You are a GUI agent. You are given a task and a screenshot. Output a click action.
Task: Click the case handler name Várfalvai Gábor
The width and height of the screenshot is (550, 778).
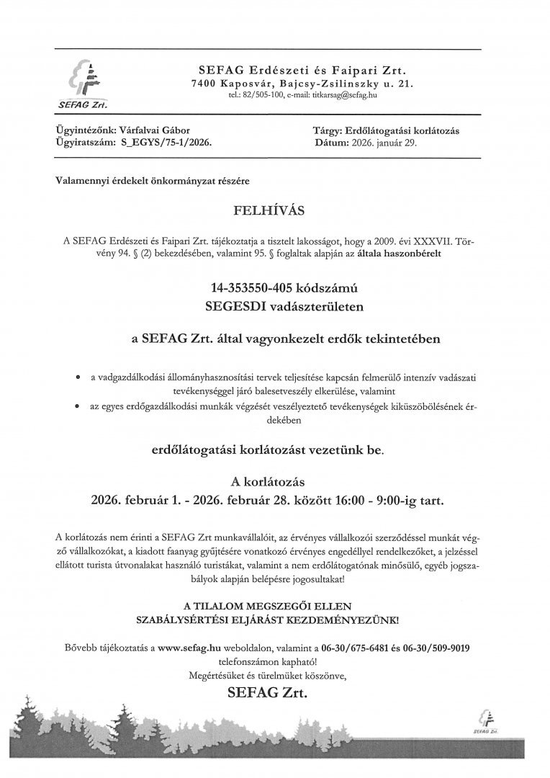tap(153, 131)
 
